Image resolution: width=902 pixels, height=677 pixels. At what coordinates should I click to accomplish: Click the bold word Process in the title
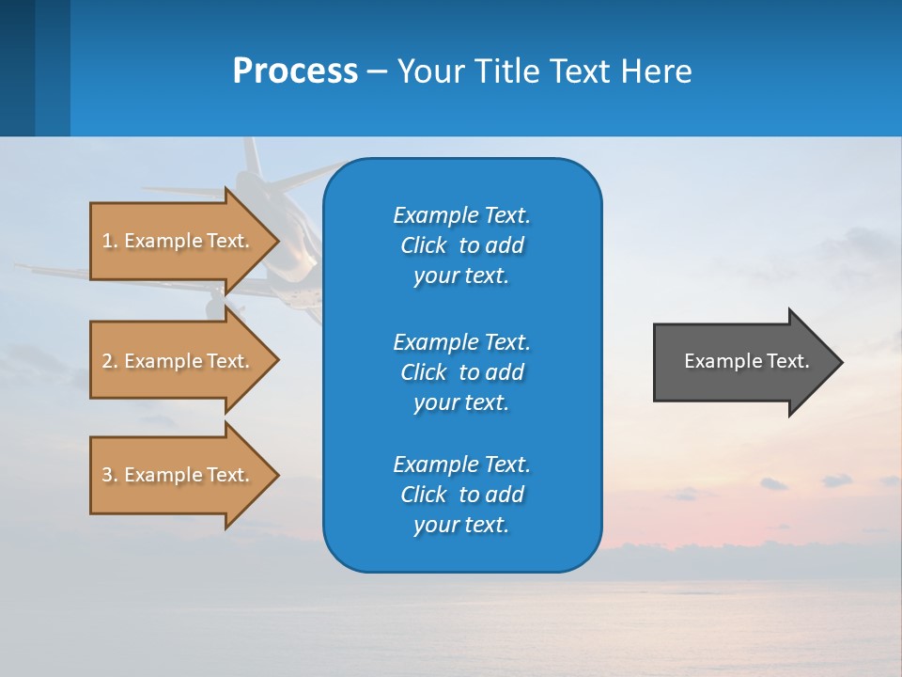point(295,71)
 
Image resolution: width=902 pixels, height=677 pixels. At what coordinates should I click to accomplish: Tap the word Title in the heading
point(511,71)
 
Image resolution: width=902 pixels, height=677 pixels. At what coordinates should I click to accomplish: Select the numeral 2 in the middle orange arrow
point(106,361)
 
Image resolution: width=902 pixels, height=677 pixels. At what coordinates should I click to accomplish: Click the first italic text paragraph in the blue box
point(461,245)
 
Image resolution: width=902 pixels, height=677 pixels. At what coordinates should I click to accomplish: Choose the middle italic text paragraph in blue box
point(461,372)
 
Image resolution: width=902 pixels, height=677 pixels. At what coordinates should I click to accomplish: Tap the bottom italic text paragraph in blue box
point(461,495)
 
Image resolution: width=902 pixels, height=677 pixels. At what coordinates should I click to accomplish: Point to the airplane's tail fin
point(250,157)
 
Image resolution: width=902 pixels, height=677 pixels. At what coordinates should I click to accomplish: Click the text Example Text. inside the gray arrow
point(746,361)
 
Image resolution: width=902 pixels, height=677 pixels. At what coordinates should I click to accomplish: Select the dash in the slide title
point(377,71)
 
